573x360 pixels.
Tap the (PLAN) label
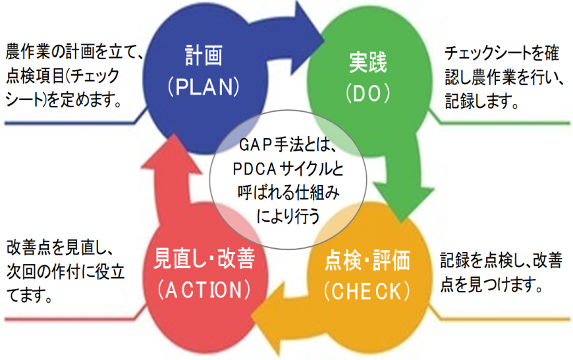(202, 86)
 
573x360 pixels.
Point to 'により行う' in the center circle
(288, 213)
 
